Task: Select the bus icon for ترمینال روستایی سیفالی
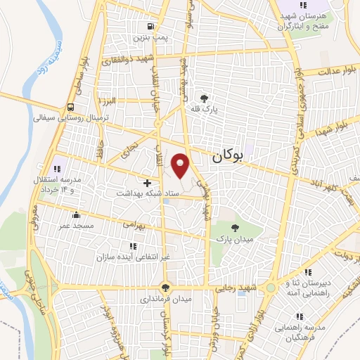70,108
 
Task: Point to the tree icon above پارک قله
204,98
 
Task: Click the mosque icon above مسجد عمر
76,214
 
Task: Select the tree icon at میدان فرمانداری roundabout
165,287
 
